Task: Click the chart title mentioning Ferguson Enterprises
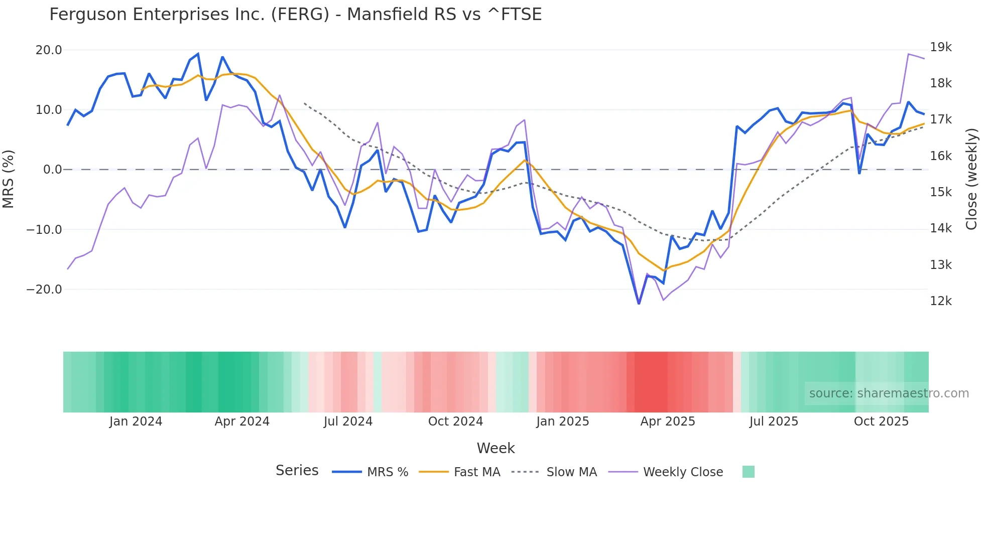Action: [295, 15]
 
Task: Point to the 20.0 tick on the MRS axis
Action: [49, 50]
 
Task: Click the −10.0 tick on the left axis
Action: [44, 230]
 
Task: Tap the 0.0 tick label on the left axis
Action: [53, 170]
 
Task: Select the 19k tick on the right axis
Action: [940, 47]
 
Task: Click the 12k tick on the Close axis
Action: [940, 301]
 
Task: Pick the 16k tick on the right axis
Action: [940, 156]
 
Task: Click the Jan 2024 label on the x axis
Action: [136, 422]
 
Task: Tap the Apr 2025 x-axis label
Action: [667, 422]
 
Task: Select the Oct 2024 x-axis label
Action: [455, 422]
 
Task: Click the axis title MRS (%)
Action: [9, 179]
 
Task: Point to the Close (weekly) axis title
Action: [971, 179]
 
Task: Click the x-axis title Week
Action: [496, 448]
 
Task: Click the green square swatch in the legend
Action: [748, 472]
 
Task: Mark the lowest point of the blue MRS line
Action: [639, 304]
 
